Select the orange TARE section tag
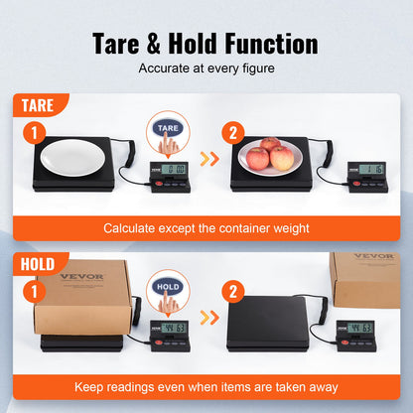[38, 105]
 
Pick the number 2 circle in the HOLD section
[230, 291]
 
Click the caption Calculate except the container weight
[206, 228]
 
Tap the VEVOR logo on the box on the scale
[80, 276]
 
